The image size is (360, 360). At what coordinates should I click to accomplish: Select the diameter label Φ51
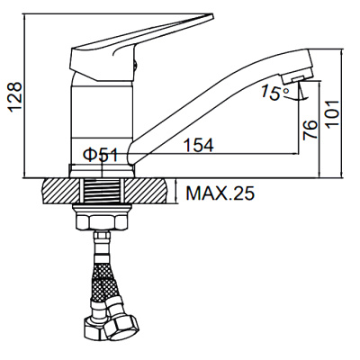click(x=102, y=154)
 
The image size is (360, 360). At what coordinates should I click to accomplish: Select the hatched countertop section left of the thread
click(x=60, y=191)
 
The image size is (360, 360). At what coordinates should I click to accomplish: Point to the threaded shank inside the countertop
click(x=104, y=191)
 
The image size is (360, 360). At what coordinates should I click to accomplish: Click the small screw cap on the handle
click(x=137, y=61)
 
